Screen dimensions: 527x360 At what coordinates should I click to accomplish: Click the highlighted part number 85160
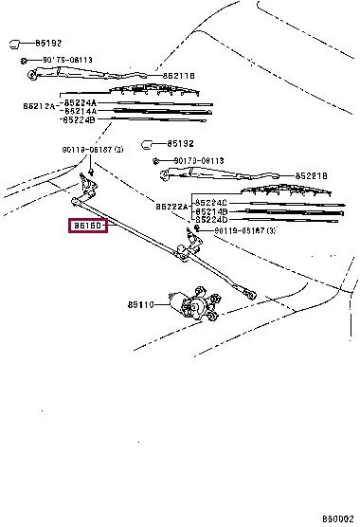(x=87, y=227)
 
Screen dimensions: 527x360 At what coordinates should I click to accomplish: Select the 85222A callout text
(x=171, y=206)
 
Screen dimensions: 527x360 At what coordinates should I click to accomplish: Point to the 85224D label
(x=213, y=220)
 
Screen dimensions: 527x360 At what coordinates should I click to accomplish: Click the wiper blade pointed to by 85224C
(x=284, y=203)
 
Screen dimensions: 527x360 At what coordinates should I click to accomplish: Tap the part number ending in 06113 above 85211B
(x=60, y=60)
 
